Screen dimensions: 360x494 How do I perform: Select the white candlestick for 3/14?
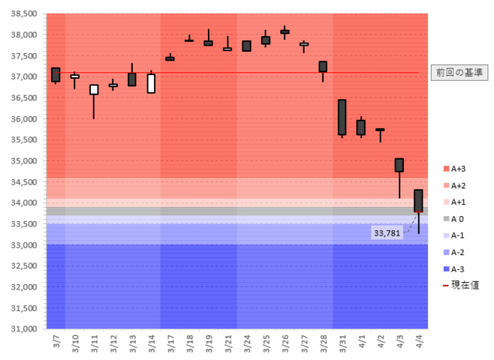151,83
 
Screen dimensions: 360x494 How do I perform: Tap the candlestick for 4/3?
399,165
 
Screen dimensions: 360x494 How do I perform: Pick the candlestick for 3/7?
56,75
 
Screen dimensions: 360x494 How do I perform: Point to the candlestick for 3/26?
285,31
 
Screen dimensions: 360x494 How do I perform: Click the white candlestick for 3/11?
94,89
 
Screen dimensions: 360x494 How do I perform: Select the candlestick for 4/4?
418,200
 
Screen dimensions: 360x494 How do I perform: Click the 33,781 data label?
387,233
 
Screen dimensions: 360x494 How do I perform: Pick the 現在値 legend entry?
462,286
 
